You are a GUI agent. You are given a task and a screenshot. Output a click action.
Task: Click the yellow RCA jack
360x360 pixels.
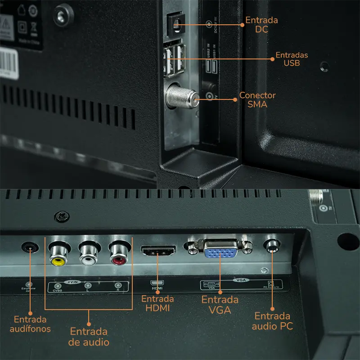click(x=58, y=258)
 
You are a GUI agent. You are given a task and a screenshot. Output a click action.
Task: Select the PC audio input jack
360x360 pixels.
click(x=272, y=245)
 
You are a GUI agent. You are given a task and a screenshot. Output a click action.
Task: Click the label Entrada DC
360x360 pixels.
click(x=261, y=25)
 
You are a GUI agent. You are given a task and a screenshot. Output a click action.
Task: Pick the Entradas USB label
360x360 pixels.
click(x=292, y=59)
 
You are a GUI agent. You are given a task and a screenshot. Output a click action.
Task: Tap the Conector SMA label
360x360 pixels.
click(x=257, y=99)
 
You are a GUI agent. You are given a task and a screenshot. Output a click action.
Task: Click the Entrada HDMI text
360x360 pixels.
click(x=157, y=303)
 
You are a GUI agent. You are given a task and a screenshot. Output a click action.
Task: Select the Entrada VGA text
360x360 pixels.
click(x=220, y=305)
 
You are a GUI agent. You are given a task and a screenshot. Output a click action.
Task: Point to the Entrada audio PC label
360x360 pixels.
click(x=272, y=321)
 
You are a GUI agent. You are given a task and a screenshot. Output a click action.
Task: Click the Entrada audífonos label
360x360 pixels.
click(x=30, y=324)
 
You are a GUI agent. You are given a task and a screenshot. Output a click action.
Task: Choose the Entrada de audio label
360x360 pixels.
click(x=89, y=337)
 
